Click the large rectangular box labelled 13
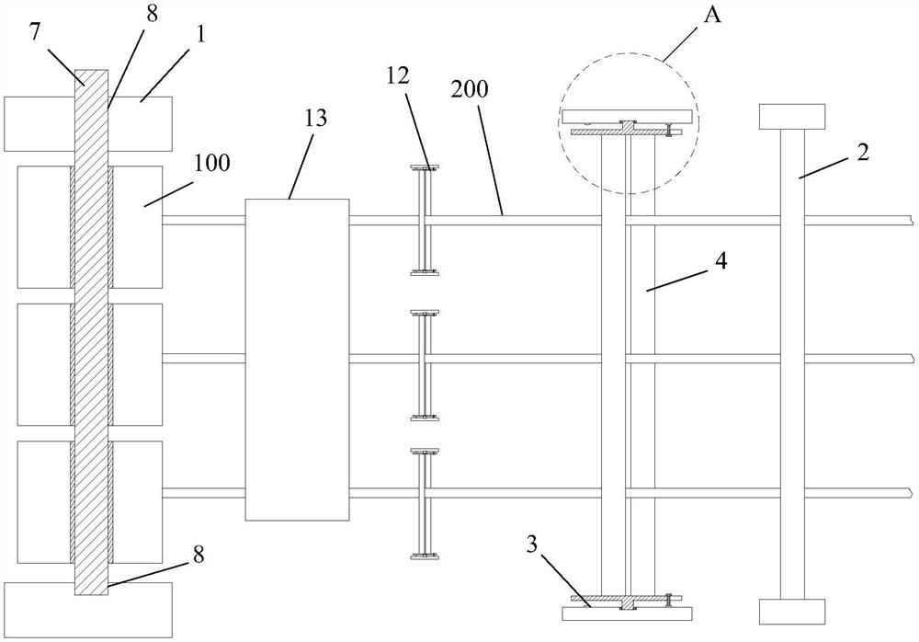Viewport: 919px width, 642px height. point(297,359)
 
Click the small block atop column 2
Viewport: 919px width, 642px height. point(791,116)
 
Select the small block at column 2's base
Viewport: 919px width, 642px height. point(791,613)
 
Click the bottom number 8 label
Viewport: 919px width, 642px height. point(198,555)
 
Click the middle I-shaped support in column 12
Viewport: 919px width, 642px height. point(425,365)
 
